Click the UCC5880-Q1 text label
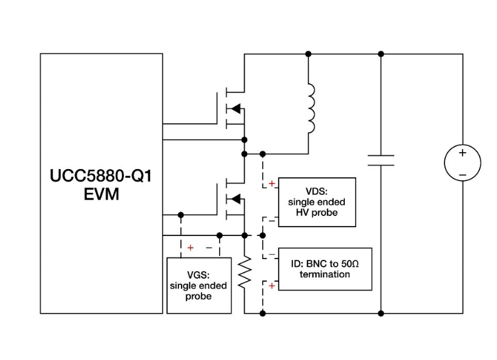click(x=101, y=175)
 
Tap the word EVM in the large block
click(x=101, y=194)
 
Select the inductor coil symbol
click(x=312, y=108)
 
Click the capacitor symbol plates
click(x=381, y=160)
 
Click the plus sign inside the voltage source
click(x=463, y=153)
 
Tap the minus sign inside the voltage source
click(x=463, y=175)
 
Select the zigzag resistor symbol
click(x=245, y=272)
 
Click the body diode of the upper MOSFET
click(x=236, y=109)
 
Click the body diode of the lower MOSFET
click(x=236, y=199)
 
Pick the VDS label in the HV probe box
click(x=316, y=192)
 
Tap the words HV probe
click(x=317, y=212)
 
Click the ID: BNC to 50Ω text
click(x=325, y=264)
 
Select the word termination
click(x=325, y=274)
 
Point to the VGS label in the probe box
click(x=198, y=275)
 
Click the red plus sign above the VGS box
click(x=190, y=248)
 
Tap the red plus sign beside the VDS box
click(x=272, y=183)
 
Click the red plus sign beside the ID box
click(x=272, y=286)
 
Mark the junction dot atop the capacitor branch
click(x=381, y=54)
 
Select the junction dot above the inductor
click(x=308, y=54)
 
